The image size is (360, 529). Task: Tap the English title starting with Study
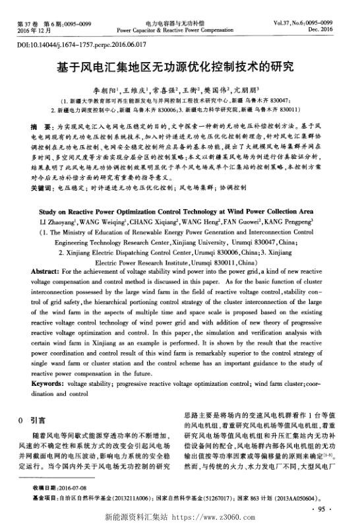click(180, 212)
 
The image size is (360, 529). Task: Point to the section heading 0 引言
click(32, 419)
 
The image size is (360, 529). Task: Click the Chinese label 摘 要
click(40, 125)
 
